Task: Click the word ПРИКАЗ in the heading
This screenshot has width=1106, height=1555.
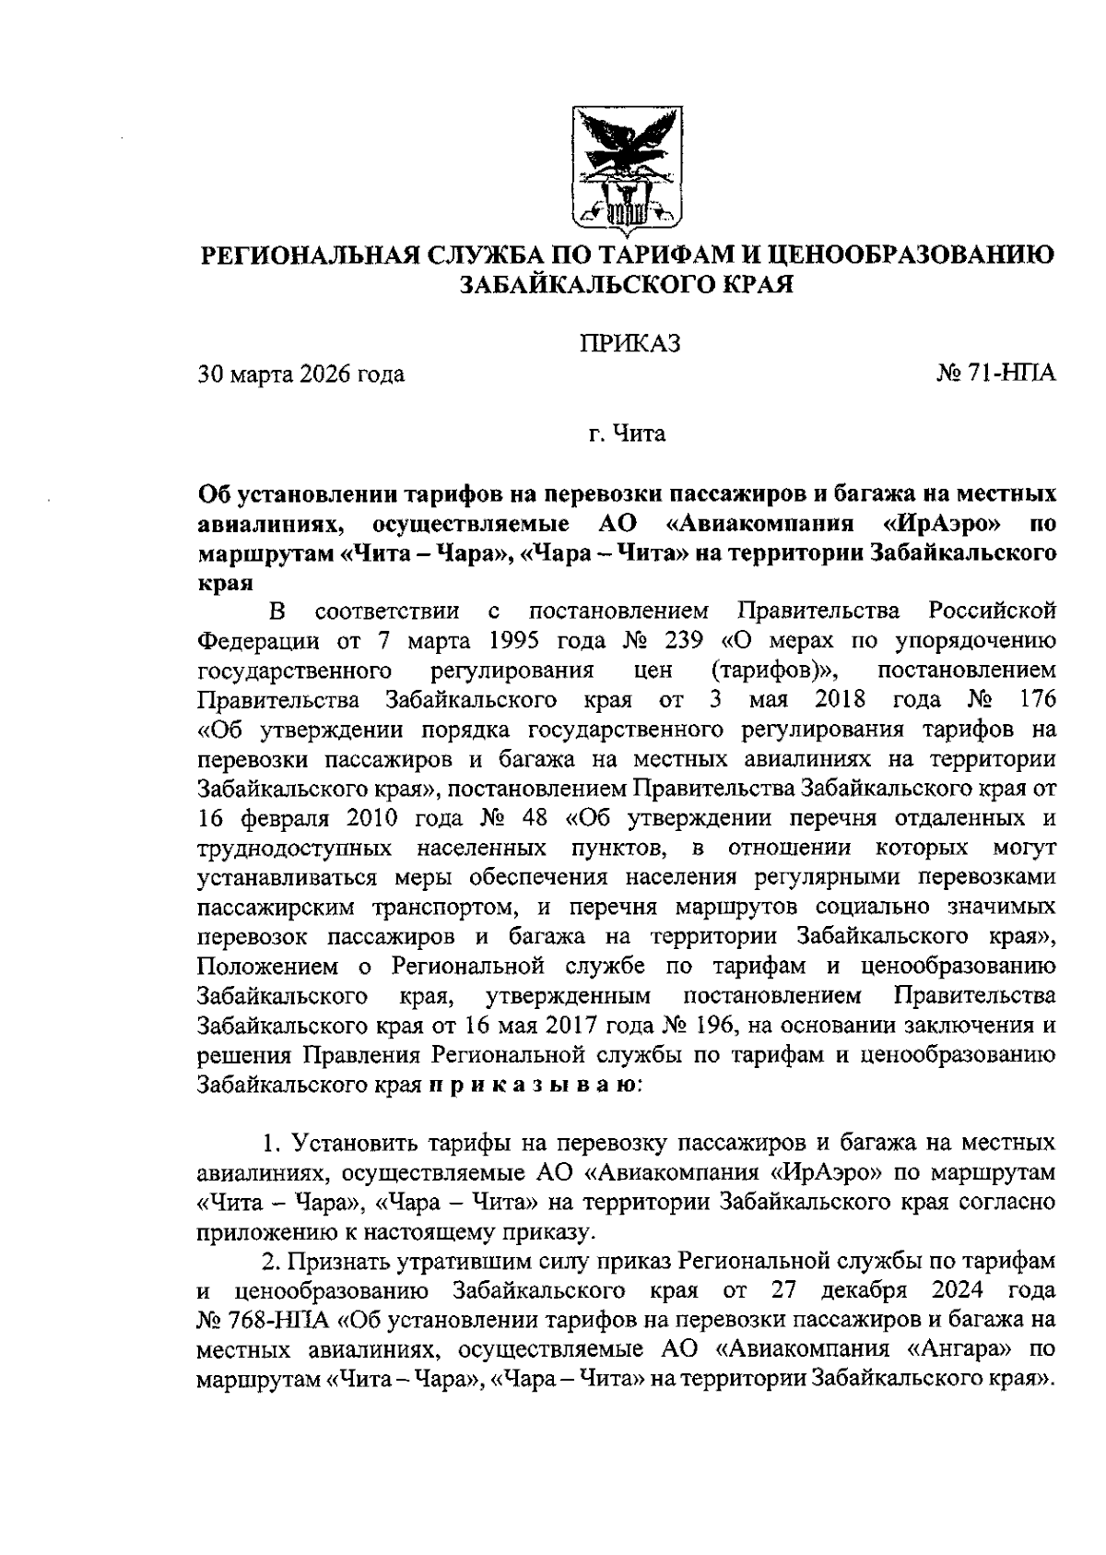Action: (x=629, y=344)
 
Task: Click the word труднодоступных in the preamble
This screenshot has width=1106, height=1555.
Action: (x=296, y=849)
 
